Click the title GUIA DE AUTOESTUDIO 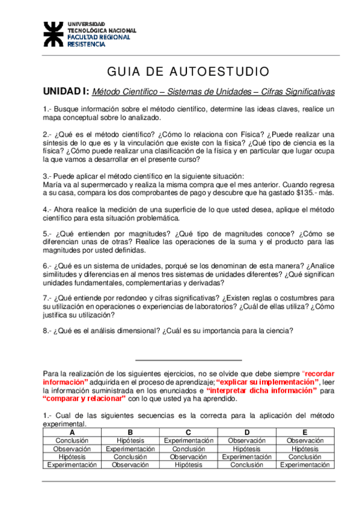188,72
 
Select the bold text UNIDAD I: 66,91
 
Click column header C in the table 188,432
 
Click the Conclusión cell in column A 72,441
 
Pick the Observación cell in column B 130,465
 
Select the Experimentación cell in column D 246,457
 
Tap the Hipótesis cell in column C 188,465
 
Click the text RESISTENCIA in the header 88,44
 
